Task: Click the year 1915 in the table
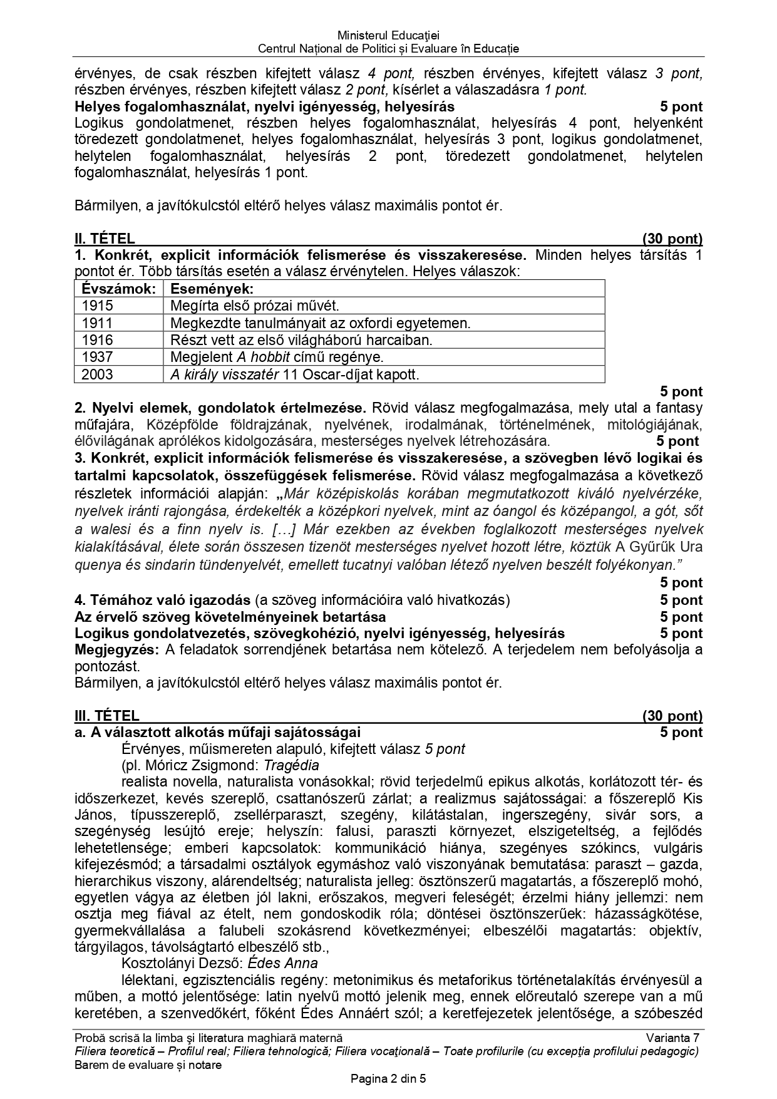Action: pos(98,306)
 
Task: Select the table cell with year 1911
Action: pos(98,323)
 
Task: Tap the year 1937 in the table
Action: pos(98,357)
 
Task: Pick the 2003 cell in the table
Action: pos(98,374)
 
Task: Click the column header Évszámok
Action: pos(118,289)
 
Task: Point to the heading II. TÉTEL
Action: pos(105,239)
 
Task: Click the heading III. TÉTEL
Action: pos(107,716)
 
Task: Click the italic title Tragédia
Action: pos(291,765)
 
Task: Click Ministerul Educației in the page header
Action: pos(388,36)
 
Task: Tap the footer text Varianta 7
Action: pos(674,1038)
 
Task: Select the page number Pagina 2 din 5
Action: pos(388,1079)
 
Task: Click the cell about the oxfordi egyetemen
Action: pos(320,323)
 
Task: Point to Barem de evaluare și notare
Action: pos(148,1065)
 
